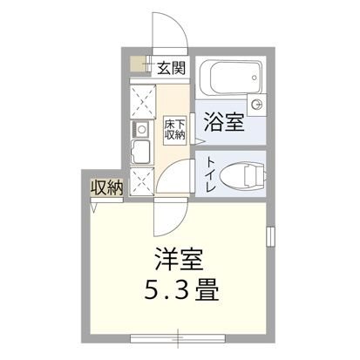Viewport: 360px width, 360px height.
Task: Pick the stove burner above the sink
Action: (x=140, y=130)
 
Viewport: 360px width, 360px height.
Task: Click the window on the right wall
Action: (x=271, y=236)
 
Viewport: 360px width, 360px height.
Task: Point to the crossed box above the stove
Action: (x=140, y=101)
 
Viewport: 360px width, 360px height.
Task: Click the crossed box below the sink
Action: (x=140, y=180)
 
